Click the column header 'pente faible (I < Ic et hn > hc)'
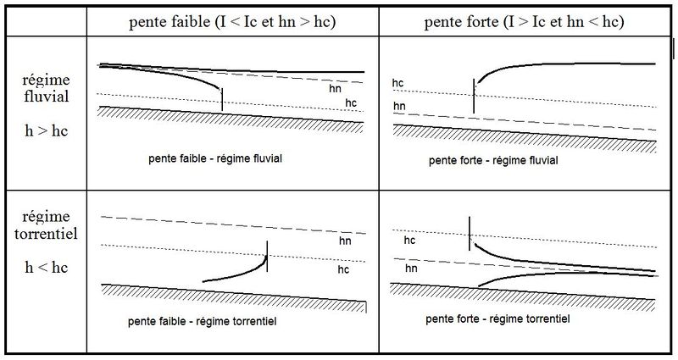click(232, 22)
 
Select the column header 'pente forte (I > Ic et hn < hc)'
click(524, 22)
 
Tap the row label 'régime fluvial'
click(47, 88)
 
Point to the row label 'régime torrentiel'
click(47, 225)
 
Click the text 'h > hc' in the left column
click(47, 130)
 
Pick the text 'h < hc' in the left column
click(47, 267)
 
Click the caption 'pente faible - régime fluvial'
click(215, 158)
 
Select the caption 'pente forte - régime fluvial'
click(493, 161)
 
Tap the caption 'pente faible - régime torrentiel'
click(202, 322)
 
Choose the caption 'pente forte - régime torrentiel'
click(497, 319)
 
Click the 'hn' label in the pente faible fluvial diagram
click(335, 89)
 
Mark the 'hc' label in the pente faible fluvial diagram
click(351, 102)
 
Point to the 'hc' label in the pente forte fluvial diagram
click(397, 83)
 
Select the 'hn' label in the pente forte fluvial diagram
click(399, 106)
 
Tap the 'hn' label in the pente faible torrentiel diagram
click(345, 241)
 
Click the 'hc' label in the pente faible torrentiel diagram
click(343, 269)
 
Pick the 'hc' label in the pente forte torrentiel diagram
click(409, 241)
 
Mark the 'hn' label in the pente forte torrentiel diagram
click(411, 269)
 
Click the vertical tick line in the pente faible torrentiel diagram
click(267, 257)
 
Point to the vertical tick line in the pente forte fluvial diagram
click(474, 96)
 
